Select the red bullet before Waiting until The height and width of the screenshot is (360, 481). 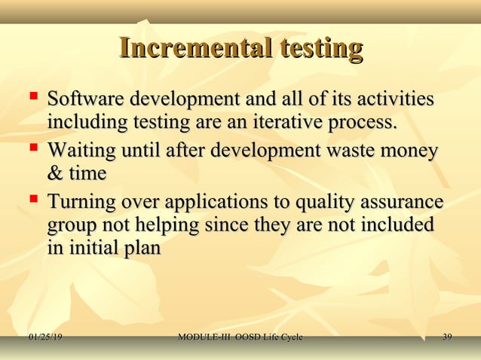(32, 149)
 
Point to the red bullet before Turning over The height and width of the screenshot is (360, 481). (32, 201)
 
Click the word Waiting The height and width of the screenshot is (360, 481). (82, 151)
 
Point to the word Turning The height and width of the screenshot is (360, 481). (81, 204)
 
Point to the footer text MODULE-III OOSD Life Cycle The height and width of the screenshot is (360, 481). (240, 337)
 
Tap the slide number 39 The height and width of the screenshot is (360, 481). (447, 337)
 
